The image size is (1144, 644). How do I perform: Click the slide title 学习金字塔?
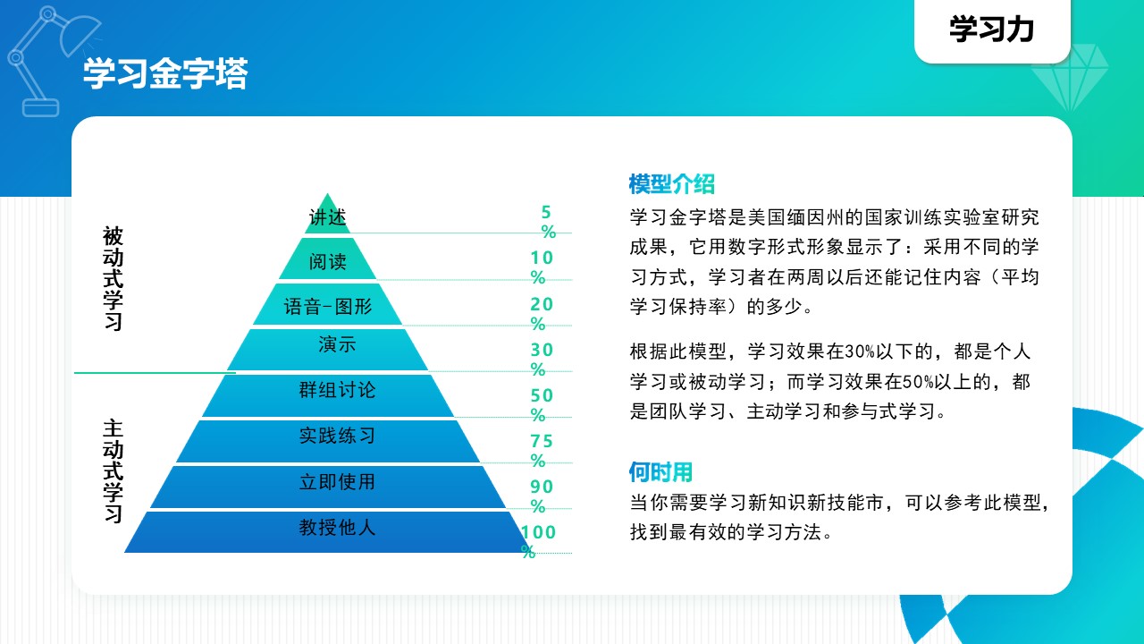click(165, 74)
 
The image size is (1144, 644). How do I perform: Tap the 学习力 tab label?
click(992, 30)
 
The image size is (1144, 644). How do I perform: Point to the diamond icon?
click(1070, 78)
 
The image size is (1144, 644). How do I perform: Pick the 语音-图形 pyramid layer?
click(327, 305)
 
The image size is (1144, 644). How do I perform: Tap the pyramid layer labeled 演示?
click(327, 350)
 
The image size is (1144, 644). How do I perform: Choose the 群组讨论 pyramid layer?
click(327, 395)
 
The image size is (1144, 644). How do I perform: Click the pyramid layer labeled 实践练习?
click(327, 441)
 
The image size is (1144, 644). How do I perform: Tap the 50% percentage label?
click(542, 405)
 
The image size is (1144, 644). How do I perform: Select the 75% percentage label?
click(542, 450)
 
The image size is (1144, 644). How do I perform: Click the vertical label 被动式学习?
click(113, 278)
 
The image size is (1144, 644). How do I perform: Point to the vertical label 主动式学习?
click(113, 471)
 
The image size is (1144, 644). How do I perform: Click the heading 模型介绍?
click(671, 184)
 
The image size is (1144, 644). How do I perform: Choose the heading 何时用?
click(660, 471)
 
